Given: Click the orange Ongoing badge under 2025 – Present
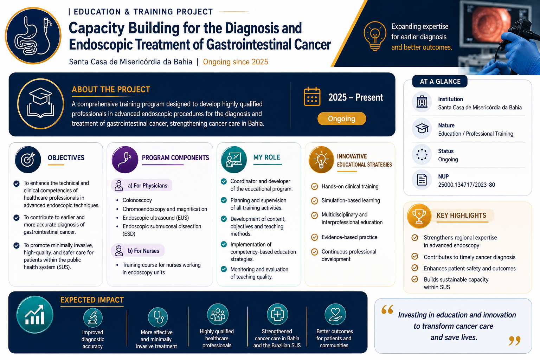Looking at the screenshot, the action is point(342,118).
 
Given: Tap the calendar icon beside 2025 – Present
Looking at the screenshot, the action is point(312,97).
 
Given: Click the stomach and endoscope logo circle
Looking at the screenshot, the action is point(33,36).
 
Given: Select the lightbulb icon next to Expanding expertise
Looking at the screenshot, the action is point(375,36).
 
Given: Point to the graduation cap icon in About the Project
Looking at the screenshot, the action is point(40,104).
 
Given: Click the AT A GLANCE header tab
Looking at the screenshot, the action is point(440,82).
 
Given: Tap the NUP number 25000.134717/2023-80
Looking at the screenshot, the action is point(467,185).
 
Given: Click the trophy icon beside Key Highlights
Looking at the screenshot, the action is point(419,216).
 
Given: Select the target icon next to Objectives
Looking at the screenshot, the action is point(28,159).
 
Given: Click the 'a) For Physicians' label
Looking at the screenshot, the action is point(148,185).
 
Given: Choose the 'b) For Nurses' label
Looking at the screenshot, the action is point(143,251).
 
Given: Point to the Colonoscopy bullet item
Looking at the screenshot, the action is point(137,200).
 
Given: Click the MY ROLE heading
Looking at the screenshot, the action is point(266,157).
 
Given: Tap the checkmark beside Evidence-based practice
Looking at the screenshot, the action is point(314,237).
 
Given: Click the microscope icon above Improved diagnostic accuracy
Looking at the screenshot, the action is point(93,317).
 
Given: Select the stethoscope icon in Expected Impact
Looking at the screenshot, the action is point(157,317).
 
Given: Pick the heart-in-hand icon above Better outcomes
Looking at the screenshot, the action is point(335,314).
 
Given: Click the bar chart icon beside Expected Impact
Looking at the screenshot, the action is point(35,315).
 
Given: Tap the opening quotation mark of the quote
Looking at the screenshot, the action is point(387,309).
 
